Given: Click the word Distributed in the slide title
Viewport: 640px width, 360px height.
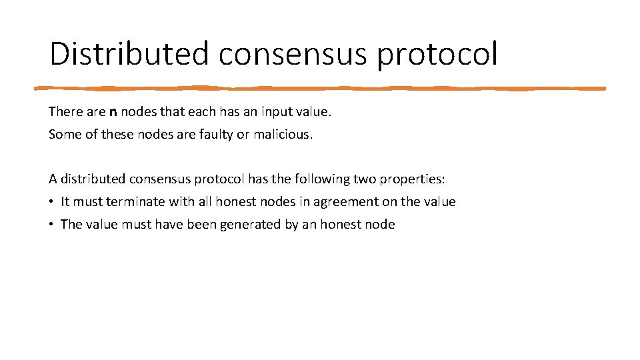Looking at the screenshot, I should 129,53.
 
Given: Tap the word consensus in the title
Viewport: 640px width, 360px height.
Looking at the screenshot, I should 293,53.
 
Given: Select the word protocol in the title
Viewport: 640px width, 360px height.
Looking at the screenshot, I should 437,55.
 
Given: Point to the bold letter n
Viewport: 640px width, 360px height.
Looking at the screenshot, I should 113,111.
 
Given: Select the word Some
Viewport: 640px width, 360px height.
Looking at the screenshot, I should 64,134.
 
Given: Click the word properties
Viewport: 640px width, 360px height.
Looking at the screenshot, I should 408,179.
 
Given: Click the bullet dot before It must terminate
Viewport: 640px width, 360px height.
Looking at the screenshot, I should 51,201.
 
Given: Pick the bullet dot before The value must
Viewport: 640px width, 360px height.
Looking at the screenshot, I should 51,224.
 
